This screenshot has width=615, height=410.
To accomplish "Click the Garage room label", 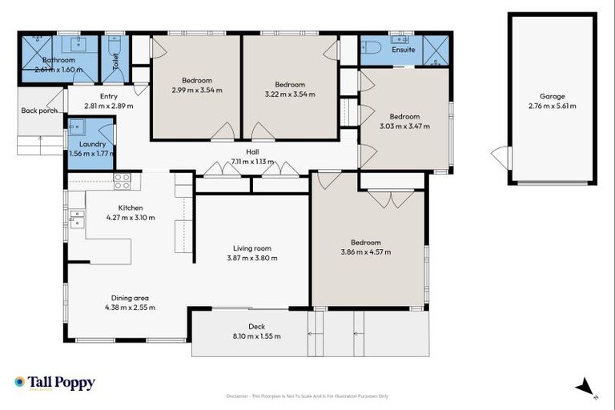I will [553, 96].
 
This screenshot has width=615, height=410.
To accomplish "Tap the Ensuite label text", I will [404, 50].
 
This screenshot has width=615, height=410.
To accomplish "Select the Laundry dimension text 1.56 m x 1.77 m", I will [87, 154].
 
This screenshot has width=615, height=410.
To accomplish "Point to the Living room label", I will [252, 248].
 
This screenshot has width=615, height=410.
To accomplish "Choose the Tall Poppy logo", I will [54, 383].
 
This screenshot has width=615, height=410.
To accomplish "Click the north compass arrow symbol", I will [586, 386].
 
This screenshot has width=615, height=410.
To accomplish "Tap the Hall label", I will [252, 151].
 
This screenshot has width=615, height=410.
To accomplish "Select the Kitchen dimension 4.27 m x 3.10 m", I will [131, 217].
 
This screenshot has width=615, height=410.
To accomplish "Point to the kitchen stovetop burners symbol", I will [122, 182].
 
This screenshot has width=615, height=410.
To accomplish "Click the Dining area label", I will [129, 298].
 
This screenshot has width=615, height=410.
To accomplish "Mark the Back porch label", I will [39, 111].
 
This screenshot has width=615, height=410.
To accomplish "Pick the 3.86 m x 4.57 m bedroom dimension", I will [366, 252].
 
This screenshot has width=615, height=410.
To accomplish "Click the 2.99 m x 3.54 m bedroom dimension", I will [197, 90].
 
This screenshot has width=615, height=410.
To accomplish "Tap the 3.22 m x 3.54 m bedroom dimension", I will [290, 94].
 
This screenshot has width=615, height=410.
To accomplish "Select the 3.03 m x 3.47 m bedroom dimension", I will [404, 126].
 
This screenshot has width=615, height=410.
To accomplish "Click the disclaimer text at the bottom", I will [307, 396].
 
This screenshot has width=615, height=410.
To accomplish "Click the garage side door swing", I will [500, 158].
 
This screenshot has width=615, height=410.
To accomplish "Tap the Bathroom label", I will [58, 60].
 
